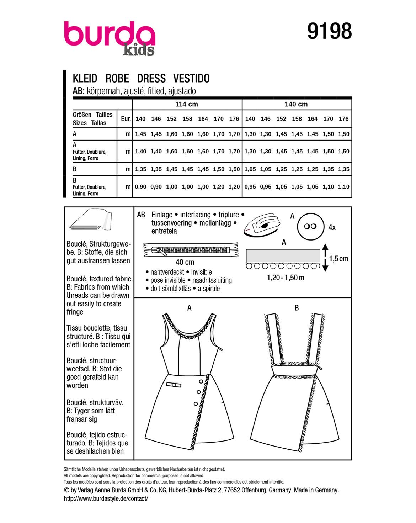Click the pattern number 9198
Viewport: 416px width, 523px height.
pyautogui.click(x=329, y=31)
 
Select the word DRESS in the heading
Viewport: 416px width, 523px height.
pyautogui.click(x=151, y=78)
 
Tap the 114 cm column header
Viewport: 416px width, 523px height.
pyautogui.click(x=187, y=104)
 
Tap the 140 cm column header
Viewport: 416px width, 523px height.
pyautogui.click(x=296, y=104)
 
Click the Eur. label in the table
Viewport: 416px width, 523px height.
pyautogui.click(x=126, y=119)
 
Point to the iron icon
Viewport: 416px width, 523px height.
pyautogui.click(x=262, y=225)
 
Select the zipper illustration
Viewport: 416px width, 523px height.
pyautogui.click(x=191, y=250)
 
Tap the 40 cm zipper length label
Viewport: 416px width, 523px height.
pyautogui.click(x=185, y=262)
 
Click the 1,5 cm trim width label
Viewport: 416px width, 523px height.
pyautogui.click(x=338, y=259)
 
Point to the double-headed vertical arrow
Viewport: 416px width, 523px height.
pyautogui.click(x=325, y=258)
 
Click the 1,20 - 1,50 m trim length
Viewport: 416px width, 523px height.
pyautogui.click(x=286, y=278)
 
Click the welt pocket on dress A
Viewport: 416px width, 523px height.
pyautogui.click(x=174, y=385)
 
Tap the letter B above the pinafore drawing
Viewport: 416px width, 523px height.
pyautogui.click(x=297, y=308)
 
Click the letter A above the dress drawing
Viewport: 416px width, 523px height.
pyautogui.click(x=190, y=308)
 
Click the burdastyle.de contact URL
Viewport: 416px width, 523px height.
pyautogui.click(x=106, y=498)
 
